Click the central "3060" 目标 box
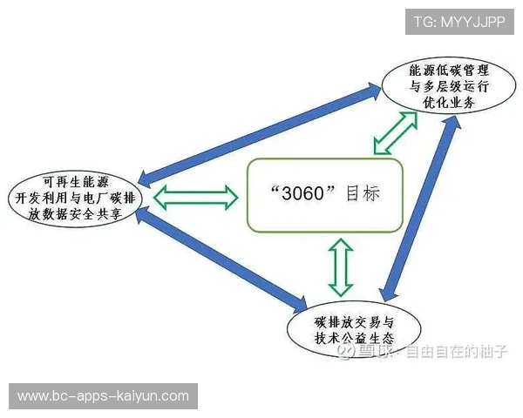[324, 194]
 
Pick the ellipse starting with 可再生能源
[76, 198]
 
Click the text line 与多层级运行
[445, 85]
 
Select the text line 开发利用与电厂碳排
[76, 199]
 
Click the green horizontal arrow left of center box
[196, 198]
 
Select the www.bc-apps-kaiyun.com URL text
[103, 396]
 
